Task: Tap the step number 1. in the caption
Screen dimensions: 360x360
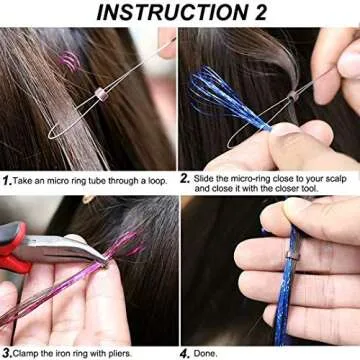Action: (7, 181)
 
